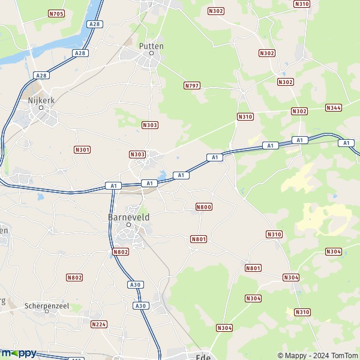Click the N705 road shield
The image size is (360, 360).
coord(56,13)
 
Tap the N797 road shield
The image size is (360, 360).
coord(191,86)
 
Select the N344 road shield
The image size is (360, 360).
coord(334,107)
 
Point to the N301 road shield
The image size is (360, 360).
coord(82,149)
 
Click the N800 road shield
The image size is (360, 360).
coord(204,207)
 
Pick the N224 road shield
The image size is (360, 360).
coord(98,324)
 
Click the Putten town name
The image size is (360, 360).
coord(151,46)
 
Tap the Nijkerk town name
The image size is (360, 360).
coord(41,101)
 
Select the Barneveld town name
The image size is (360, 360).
coord(128,216)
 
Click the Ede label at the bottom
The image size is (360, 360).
coord(202,356)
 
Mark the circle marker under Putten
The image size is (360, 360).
coord(151,53)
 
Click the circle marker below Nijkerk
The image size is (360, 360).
coord(41,109)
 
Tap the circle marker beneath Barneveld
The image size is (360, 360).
coord(128,224)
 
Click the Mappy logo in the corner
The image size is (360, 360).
coord(18,353)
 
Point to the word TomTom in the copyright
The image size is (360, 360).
coord(344,356)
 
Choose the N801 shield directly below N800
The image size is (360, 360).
coord(199,239)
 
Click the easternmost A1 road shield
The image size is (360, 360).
coord(346,143)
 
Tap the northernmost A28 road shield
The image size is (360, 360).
coord(94,24)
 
